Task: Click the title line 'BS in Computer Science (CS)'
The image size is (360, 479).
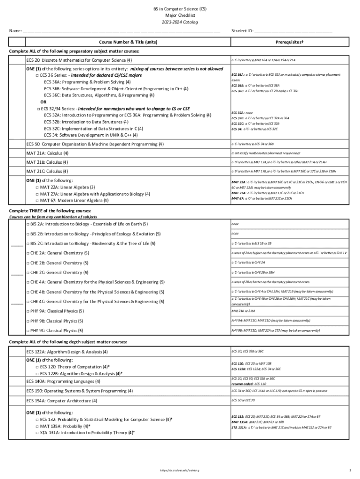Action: tap(180, 9)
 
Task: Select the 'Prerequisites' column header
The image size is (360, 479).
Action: tap(289, 42)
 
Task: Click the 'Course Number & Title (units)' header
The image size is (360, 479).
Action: tap(128, 42)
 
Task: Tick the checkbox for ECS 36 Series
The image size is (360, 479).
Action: tap(37, 75)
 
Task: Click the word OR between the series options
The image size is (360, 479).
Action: tap(43, 102)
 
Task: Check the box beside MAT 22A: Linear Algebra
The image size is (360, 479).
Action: tap(37, 187)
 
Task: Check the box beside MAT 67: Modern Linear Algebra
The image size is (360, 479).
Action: tap(37, 201)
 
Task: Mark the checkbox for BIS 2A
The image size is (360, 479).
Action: tap(28, 224)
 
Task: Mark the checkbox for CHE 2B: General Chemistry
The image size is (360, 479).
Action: tap(28, 263)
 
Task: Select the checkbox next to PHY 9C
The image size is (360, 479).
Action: tap(28, 331)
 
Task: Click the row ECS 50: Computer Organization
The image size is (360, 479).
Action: tap(95, 144)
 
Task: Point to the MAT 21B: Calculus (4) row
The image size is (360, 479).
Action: tap(47, 162)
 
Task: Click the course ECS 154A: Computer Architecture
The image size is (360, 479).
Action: tap(62, 401)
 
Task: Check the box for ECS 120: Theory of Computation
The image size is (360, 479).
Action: tap(37, 367)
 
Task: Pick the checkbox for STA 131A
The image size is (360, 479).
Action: tap(37, 433)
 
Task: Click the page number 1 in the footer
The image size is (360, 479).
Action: tap(350, 469)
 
